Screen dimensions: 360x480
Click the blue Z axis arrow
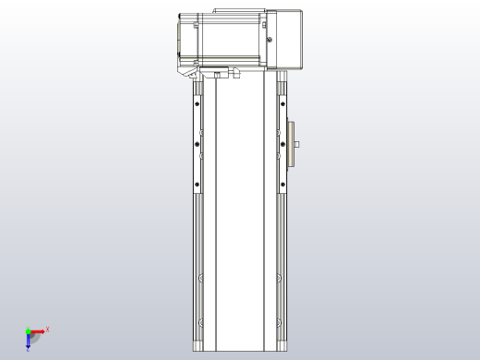tap(29, 342)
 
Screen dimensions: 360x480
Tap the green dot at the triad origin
tap(28, 330)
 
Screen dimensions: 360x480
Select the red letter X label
tap(47, 329)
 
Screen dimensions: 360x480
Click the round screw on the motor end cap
tap(270, 39)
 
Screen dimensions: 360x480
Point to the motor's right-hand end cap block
tap(286, 39)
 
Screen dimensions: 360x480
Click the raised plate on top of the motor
tap(240, 12)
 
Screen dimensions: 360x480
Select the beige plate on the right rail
tap(291, 144)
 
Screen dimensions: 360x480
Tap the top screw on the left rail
tap(197, 103)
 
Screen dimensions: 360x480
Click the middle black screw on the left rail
tap(197, 143)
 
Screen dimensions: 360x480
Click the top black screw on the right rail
tap(282, 103)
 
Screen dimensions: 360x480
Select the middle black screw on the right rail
tap(282, 143)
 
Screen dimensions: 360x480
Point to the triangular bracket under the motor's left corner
tap(188, 68)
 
